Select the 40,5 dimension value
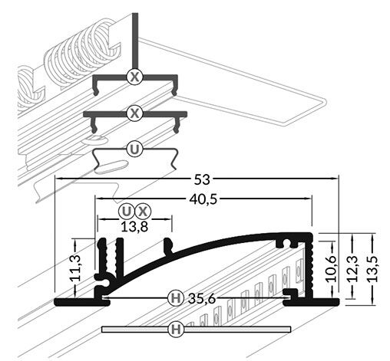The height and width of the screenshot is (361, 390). coord(203,198)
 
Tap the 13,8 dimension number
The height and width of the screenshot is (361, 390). coord(134,226)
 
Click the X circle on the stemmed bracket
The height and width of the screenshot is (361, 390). coord(135,77)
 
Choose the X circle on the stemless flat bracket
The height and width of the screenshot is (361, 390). coord(135,113)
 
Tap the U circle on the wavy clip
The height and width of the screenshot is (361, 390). coord(135,149)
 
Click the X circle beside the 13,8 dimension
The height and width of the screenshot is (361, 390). coord(143,211)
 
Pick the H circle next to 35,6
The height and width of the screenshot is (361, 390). coord(175,297)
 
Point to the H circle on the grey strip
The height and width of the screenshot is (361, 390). coord(175,330)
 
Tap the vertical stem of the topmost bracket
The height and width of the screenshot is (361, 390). coord(135,38)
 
